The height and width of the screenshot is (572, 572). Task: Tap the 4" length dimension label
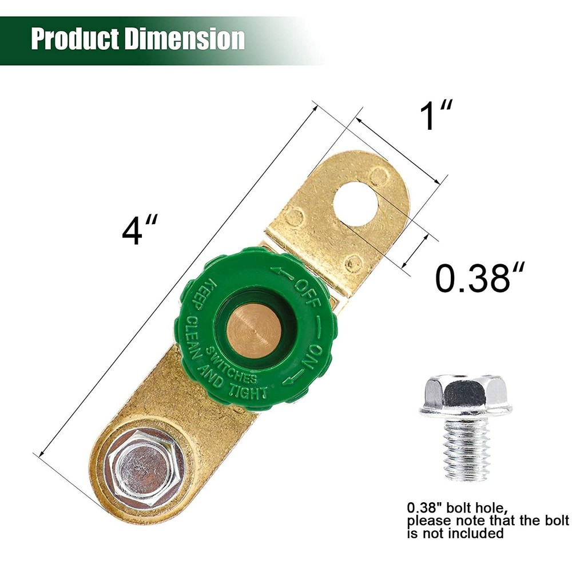[x=140, y=231]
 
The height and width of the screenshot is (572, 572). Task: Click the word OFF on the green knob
[x=307, y=293]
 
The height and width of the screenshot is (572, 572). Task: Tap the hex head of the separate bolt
[x=466, y=391]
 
